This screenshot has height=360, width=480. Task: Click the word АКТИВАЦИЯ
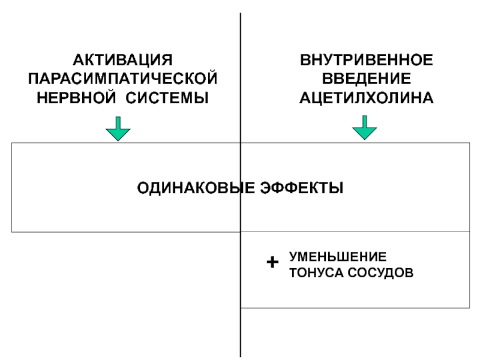click(x=123, y=60)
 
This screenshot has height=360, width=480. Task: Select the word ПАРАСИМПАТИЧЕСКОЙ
click(x=123, y=79)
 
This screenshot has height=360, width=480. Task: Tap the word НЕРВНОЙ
click(x=76, y=98)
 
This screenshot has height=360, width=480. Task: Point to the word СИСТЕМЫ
click(x=167, y=98)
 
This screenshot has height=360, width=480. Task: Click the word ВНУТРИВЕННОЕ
click(x=367, y=60)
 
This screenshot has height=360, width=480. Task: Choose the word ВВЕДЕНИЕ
click(x=367, y=79)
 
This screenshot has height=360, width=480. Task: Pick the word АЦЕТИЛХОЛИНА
click(x=367, y=98)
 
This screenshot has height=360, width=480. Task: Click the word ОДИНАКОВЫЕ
click(x=196, y=188)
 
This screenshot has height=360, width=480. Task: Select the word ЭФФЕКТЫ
click(x=302, y=188)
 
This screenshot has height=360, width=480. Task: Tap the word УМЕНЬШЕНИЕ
click(x=338, y=257)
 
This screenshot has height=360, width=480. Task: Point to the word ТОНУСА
click(x=317, y=273)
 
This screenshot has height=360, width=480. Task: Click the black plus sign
click(x=272, y=262)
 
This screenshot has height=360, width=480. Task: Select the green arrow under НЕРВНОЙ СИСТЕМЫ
click(x=118, y=128)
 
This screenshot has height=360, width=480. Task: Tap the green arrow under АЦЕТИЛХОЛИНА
click(x=365, y=128)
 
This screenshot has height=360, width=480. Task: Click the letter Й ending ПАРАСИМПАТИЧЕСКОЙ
click(x=212, y=78)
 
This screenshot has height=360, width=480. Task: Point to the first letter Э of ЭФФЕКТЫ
click(x=266, y=188)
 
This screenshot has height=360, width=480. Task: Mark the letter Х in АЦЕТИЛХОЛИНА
click(x=374, y=98)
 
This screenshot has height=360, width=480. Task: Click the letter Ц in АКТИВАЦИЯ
click(x=145, y=61)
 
